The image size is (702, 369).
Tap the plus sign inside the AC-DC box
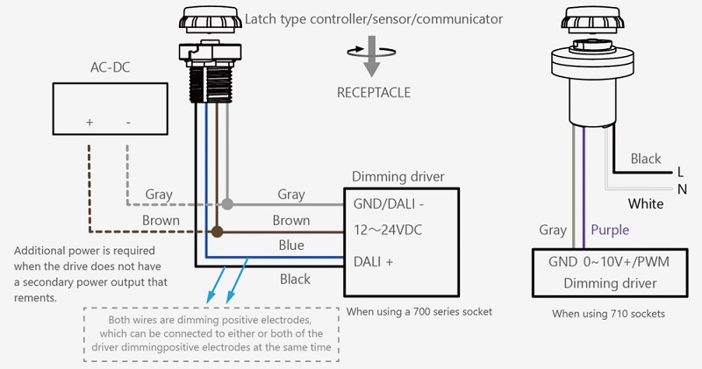[x=90, y=123]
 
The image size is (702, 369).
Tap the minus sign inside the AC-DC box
[x=128, y=123]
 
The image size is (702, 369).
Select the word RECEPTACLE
[x=373, y=91]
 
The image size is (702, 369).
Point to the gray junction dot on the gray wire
[x=227, y=203]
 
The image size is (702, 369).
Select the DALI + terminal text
[x=374, y=260]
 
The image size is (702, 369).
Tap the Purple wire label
[x=610, y=230]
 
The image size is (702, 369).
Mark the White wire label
[x=646, y=204]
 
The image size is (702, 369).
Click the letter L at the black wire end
[x=679, y=173]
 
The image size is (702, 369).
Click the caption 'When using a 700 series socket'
[x=420, y=311]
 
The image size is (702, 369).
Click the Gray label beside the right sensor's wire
[x=553, y=230]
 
